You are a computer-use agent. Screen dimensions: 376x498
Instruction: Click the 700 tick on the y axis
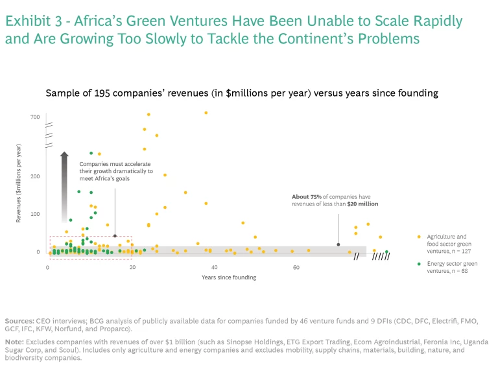pos(35,117)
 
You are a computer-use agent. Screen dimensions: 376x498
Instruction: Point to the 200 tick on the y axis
pos(35,176)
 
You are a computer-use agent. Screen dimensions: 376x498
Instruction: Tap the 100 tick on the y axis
pos(35,214)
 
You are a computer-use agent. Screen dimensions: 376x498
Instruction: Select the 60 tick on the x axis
pos(296,267)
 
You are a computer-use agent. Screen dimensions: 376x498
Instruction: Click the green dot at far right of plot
pos(386,252)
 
